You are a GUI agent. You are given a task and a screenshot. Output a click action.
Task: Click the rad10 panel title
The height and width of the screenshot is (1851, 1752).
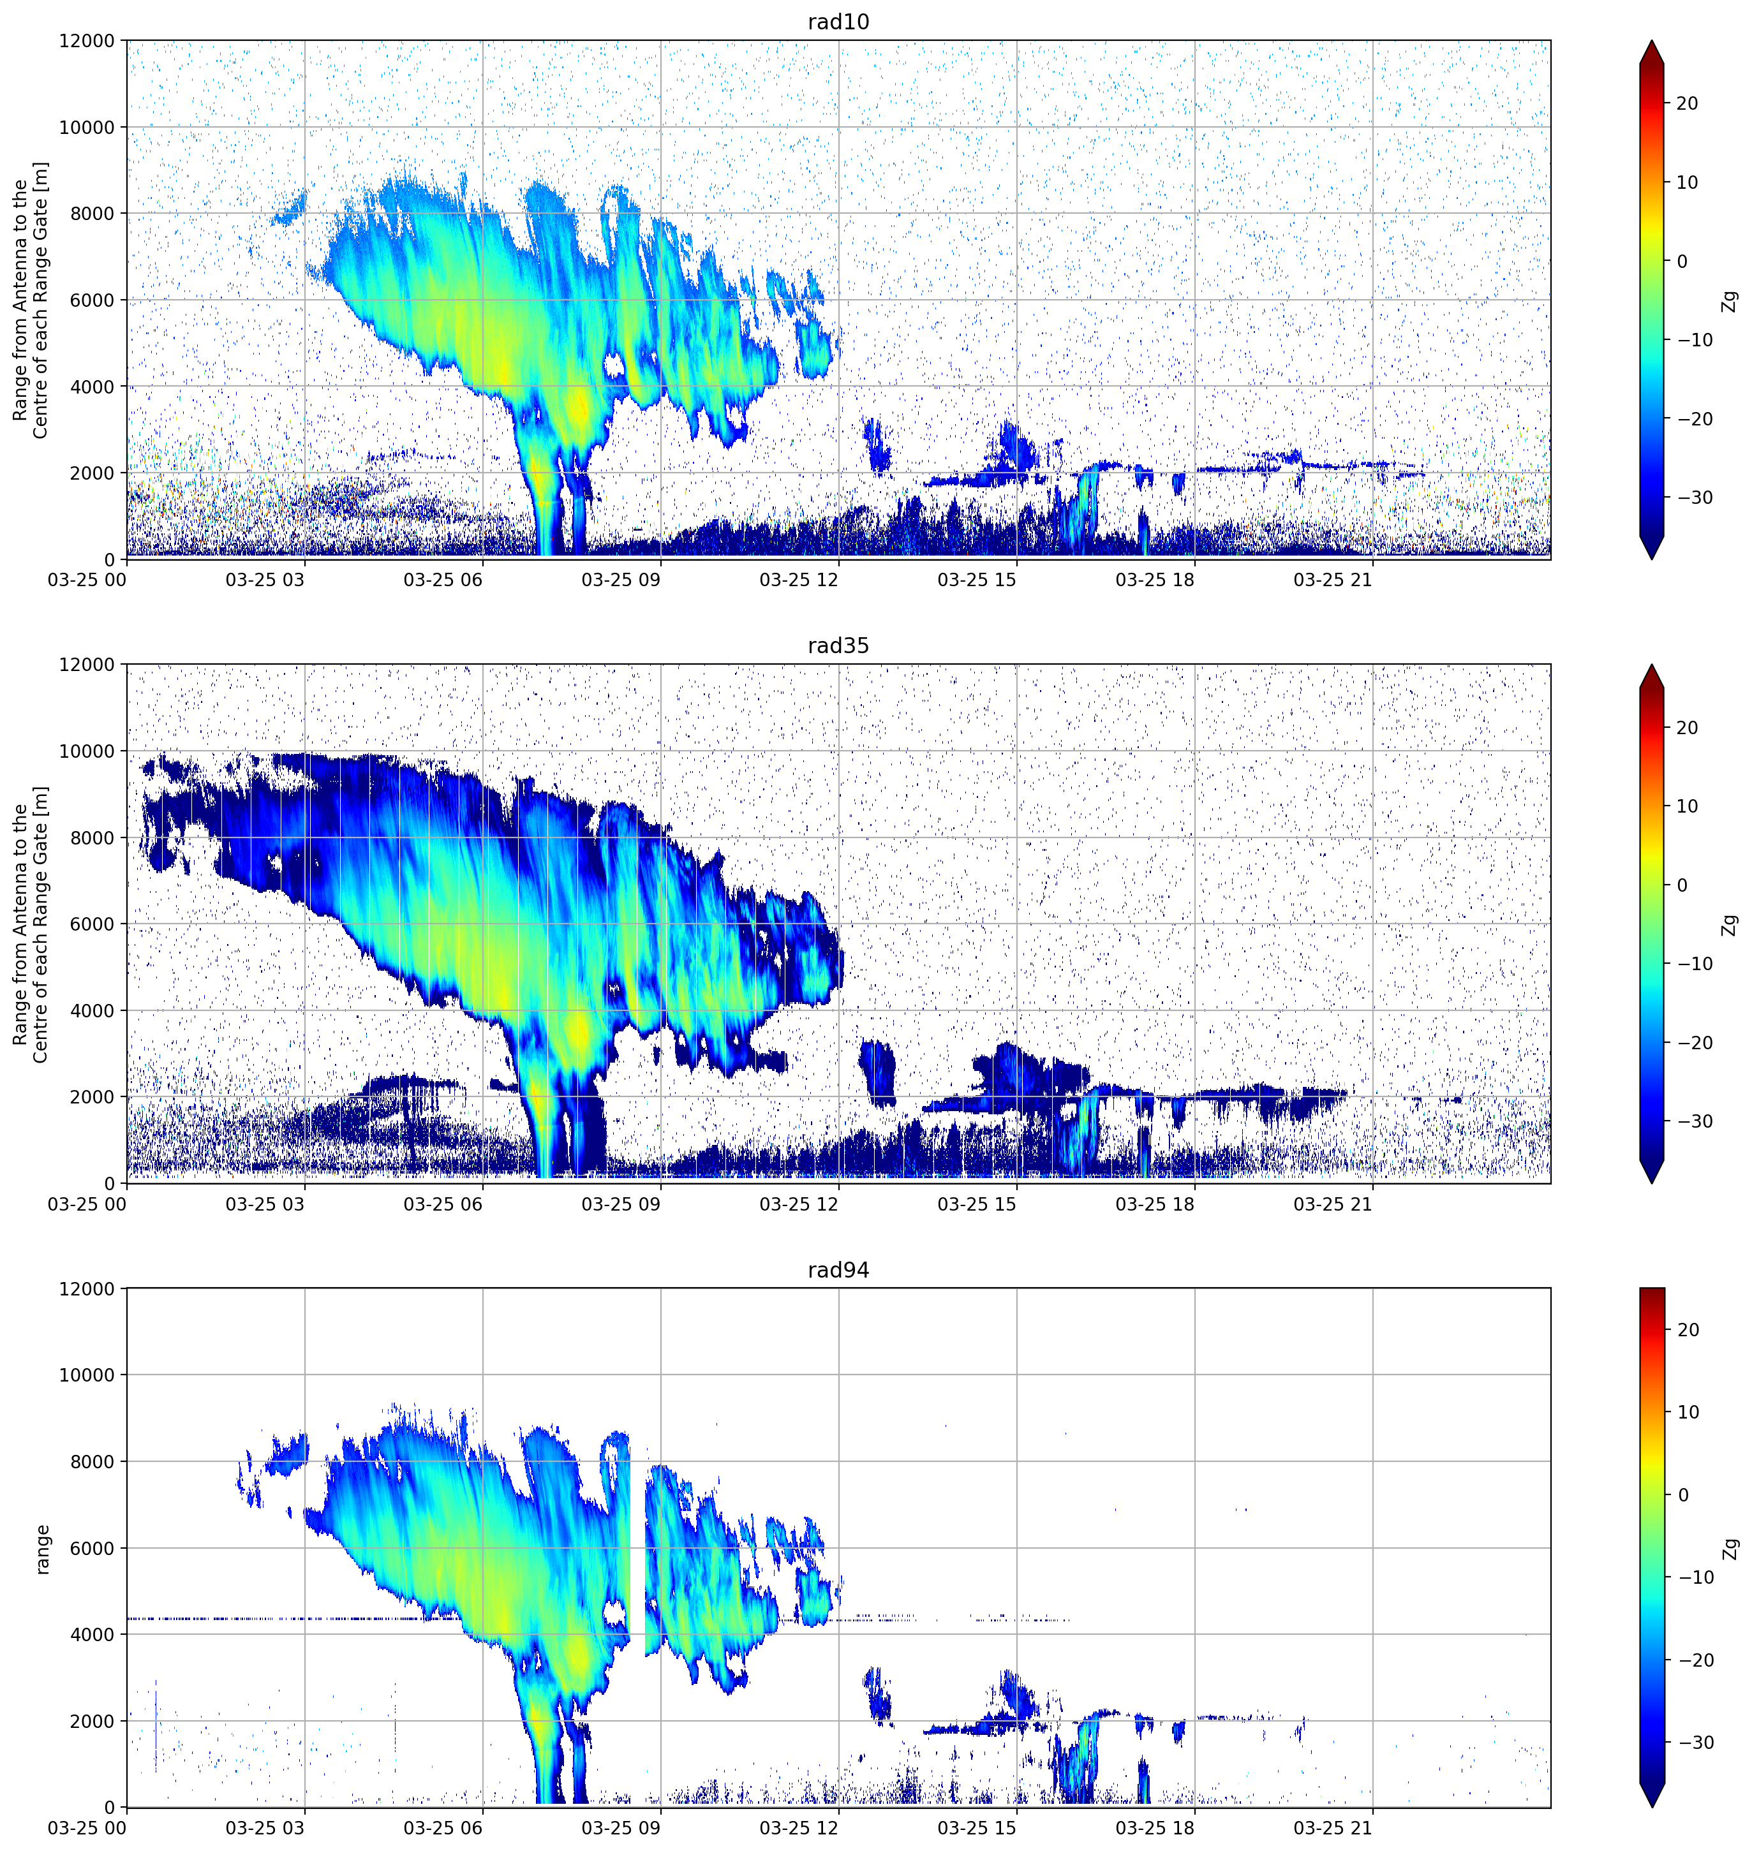838,22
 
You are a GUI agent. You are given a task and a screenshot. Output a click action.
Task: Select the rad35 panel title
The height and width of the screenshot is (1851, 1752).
838,646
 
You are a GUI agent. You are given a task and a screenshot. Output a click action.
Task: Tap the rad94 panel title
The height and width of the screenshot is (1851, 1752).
838,1271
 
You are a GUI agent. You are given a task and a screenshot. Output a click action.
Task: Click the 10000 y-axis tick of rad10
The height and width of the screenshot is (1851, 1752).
87,127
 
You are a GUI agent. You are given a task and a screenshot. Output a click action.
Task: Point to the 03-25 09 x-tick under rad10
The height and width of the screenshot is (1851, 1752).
620,580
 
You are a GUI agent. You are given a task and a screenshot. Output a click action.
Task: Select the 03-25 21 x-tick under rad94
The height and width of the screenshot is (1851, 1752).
1333,1827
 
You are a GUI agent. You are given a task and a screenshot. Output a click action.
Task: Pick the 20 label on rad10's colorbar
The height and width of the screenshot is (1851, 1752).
1687,103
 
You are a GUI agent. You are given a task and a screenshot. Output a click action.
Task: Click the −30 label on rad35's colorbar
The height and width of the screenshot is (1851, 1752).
1695,1122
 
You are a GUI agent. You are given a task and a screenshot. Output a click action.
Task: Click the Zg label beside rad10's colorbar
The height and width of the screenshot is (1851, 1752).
1730,300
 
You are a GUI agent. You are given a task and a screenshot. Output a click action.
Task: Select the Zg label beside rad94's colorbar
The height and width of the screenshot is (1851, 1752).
1730,1549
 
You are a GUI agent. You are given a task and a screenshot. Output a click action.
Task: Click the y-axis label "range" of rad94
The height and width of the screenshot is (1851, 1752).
42,1549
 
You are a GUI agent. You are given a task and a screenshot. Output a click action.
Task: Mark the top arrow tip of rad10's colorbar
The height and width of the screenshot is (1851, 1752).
1652,41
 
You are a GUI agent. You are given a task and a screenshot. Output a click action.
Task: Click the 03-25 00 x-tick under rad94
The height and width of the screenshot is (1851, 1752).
87,1827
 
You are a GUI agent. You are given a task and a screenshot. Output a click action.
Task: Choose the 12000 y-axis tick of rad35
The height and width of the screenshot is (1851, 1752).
87,665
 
